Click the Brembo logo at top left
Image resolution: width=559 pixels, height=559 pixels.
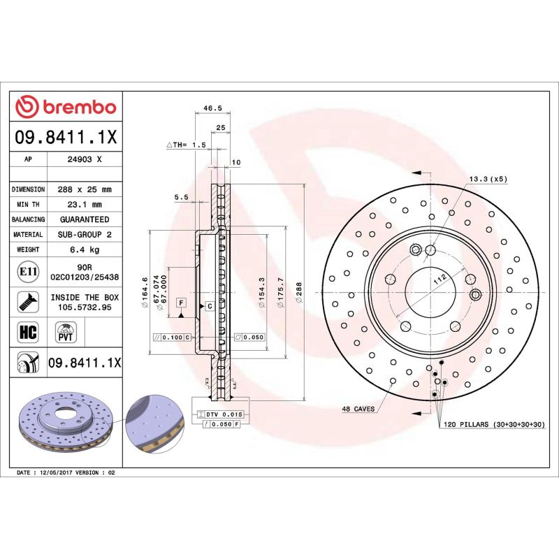tap(66, 107)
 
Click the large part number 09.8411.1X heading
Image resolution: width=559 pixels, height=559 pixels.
tap(66, 138)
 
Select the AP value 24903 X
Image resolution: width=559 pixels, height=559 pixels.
tap(85, 159)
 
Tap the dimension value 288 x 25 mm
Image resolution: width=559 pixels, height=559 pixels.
tap(85, 189)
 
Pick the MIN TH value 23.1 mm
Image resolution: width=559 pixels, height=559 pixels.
tap(85, 205)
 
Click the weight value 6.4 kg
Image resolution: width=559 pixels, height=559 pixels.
tap(85, 249)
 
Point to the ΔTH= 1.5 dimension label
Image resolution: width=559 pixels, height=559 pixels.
tap(187, 145)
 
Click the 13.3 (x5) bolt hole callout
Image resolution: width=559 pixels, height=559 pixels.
tap(488, 179)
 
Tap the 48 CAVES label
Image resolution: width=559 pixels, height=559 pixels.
tap(358, 408)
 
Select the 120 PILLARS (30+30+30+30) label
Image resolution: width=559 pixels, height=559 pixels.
tap(492, 424)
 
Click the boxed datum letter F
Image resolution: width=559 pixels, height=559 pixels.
tap(182, 302)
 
